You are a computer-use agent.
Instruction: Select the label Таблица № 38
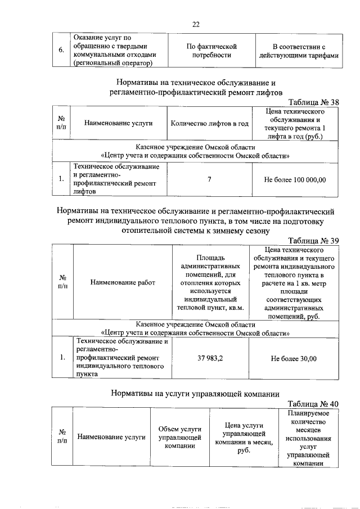(313, 102)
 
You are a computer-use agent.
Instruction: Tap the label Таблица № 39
(313, 241)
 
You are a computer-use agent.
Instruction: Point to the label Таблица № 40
(313, 404)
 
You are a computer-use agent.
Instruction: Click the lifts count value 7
(209, 180)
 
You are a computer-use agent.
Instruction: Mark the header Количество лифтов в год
(209, 123)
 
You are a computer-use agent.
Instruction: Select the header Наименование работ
(122, 282)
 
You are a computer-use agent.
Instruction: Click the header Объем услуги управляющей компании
(175, 437)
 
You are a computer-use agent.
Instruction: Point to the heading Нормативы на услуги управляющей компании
(195, 393)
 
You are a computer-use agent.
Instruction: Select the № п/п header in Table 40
(61, 437)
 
